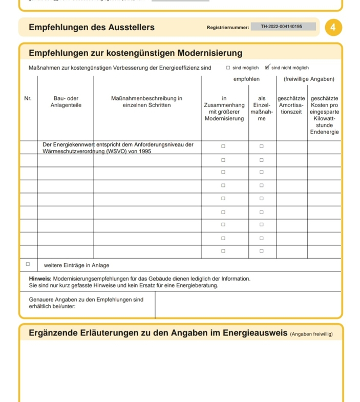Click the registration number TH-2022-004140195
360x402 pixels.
click(x=281, y=27)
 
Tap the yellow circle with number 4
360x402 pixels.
click(x=332, y=27)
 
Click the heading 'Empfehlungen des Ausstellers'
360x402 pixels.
click(x=92, y=27)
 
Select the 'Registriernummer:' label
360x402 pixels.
click(x=227, y=27)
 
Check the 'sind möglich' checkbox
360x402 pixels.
click(x=228, y=67)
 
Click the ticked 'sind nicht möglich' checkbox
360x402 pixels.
click(x=267, y=67)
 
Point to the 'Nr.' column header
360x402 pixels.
click(x=28, y=98)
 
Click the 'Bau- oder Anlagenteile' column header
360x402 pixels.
click(x=66, y=101)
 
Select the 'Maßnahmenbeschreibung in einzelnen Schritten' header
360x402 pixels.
click(x=146, y=101)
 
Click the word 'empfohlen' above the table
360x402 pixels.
click(x=246, y=79)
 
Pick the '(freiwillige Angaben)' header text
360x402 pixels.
click(x=308, y=79)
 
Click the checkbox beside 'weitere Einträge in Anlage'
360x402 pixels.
click(x=28, y=265)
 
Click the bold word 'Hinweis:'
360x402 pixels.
click(x=40, y=278)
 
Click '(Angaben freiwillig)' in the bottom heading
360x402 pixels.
click(x=312, y=334)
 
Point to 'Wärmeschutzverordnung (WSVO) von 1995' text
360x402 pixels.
click(x=96, y=153)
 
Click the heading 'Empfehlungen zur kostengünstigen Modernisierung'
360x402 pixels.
click(x=135, y=53)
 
